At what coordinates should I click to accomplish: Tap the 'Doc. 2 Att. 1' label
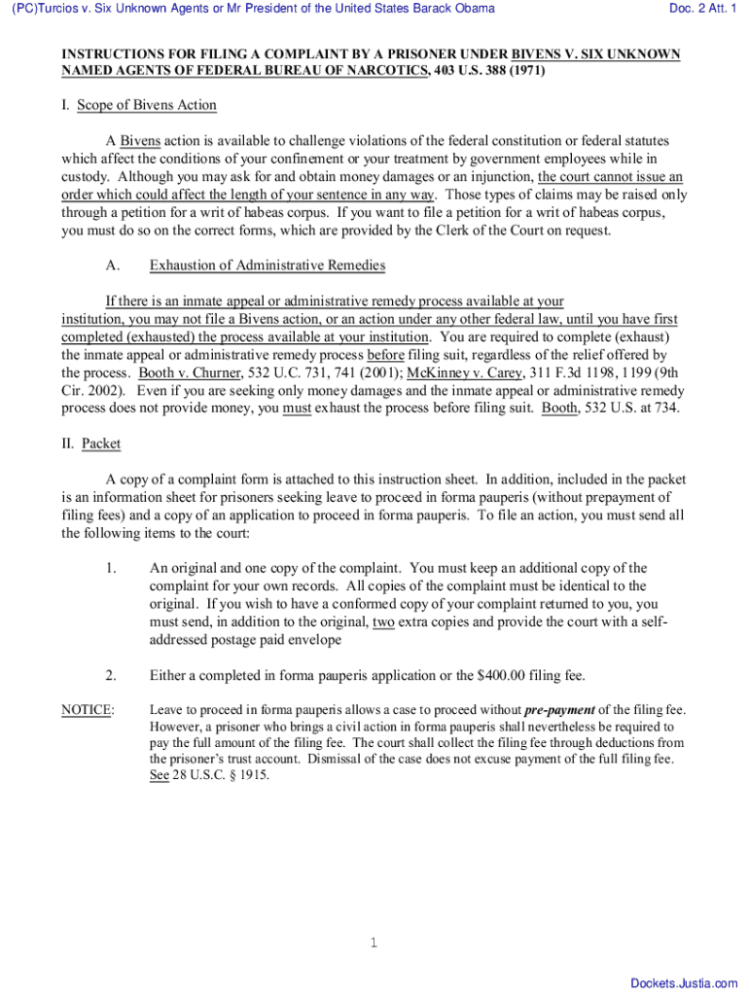702,9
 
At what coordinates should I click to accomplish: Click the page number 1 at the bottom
374,943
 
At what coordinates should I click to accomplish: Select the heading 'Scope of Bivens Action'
147,105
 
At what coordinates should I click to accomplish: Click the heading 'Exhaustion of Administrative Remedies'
267,266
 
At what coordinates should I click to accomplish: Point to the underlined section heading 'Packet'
101,444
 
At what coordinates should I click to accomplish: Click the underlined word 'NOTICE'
87,710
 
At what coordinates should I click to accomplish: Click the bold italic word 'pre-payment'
559,710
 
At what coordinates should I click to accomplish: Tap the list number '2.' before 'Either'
112,675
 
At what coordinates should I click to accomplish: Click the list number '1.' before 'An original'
112,568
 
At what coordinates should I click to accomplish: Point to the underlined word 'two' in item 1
383,622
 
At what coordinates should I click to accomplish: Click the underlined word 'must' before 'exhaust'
297,409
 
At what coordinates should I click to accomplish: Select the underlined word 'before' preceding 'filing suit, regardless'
385,355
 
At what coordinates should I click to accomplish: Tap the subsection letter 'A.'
112,266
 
